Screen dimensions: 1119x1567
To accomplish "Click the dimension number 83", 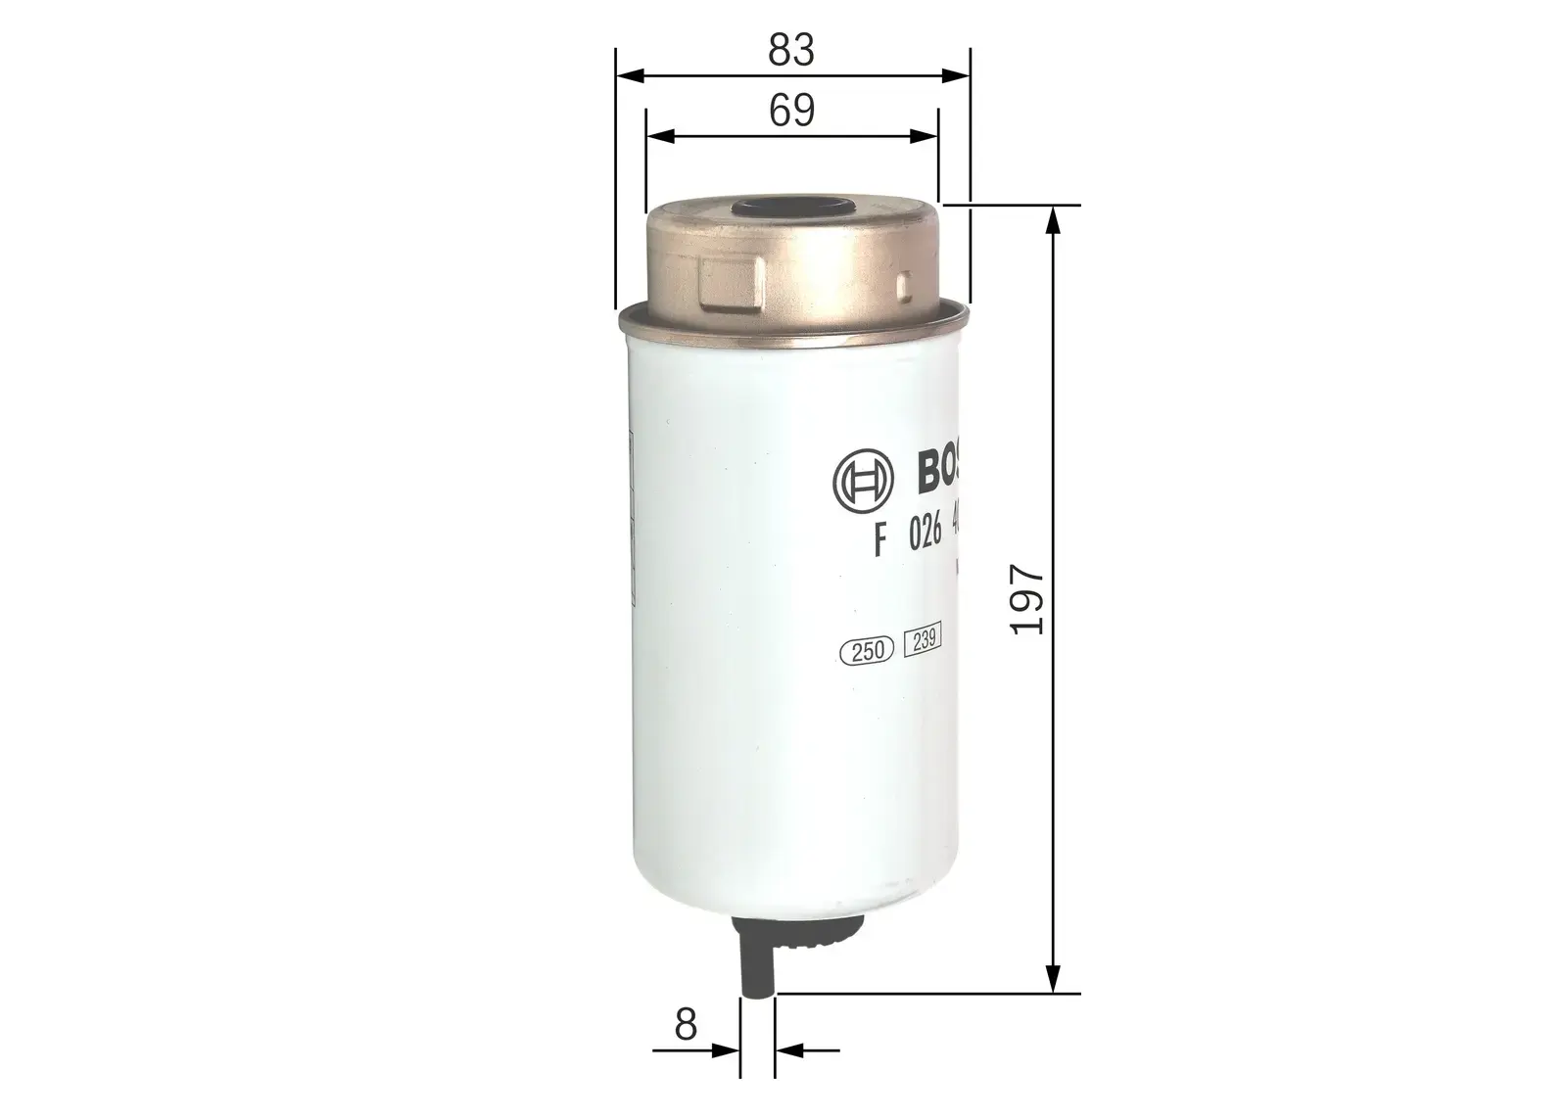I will pyautogui.click(x=791, y=49).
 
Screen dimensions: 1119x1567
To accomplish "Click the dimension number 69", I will pyautogui.click(x=791, y=111).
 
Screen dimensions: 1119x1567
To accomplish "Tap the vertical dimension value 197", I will pyautogui.click(x=1027, y=599).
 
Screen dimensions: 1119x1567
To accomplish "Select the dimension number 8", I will pyautogui.click(x=686, y=1025).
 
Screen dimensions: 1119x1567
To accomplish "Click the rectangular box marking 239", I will pyautogui.click(x=922, y=640).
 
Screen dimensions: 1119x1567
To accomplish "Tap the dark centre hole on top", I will pyautogui.click(x=792, y=209).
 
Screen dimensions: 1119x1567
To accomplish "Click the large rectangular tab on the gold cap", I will pyautogui.click(x=732, y=285).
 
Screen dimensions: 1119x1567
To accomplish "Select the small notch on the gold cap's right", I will pyautogui.click(x=907, y=287).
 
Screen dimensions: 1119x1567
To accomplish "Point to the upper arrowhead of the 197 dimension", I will pyautogui.click(x=1053, y=219).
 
